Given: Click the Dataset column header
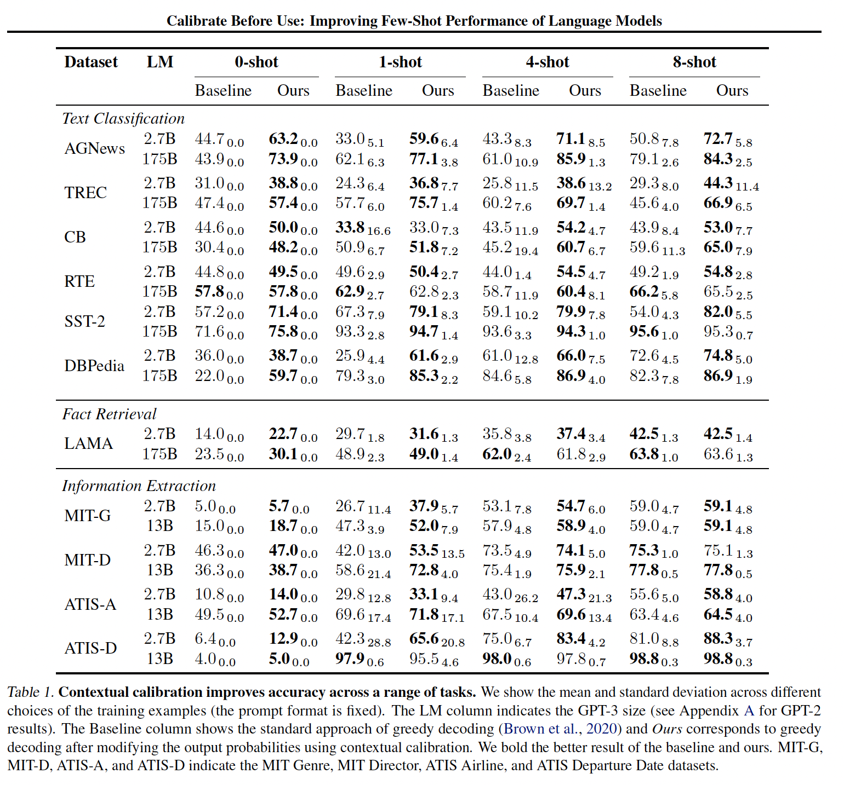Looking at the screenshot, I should (91, 62).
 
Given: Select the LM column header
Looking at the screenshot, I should (159, 62).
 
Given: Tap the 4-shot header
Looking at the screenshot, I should (547, 62).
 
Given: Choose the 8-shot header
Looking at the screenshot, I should (694, 62).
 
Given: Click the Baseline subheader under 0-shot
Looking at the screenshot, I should (223, 90).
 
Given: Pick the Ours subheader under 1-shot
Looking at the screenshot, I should (438, 90).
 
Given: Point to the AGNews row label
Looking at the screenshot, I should (95, 148).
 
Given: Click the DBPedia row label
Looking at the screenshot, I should (94, 365).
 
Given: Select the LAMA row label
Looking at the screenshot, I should (88, 443).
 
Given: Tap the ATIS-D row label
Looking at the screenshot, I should (90, 648).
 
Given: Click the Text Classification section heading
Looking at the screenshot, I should (123, 118).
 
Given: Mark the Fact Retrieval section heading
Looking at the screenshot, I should (109, 414).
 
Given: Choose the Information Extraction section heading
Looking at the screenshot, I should (139, 486).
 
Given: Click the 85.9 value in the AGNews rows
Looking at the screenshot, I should (571, 159).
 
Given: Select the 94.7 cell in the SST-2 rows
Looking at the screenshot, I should (424, 331).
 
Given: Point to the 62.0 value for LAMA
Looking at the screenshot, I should (497, 454).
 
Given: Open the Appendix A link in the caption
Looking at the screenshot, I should (748, 711).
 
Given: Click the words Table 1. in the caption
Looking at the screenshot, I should (30, 692).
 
